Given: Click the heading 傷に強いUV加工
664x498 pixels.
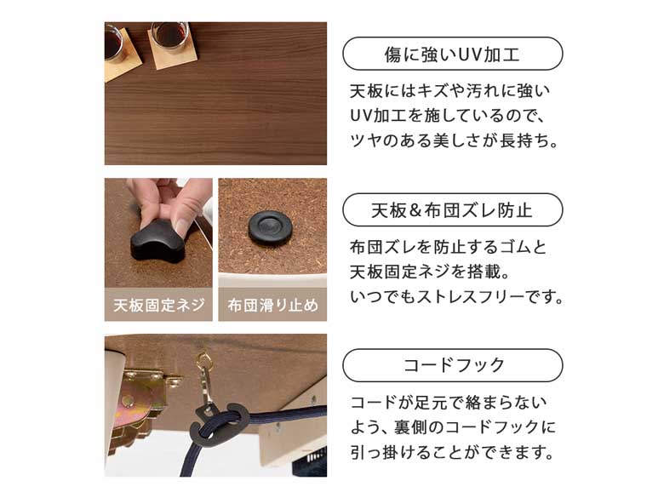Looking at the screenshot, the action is (452, 54).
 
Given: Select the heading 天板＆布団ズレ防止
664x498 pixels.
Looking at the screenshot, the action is (452, 210).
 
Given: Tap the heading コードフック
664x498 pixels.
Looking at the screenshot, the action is (453, 364).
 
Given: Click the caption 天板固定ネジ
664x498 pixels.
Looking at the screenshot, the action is (159, 305).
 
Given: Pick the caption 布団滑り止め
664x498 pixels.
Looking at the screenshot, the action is (272, 305).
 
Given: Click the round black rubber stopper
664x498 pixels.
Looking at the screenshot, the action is (270, 228).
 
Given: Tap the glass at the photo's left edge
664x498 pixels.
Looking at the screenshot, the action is (113, 43).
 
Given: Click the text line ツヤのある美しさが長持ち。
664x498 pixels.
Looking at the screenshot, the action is (454, 140).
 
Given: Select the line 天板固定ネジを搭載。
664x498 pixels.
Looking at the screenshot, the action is (429, 272).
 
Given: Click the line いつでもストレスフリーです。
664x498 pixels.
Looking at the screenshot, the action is (456, 296).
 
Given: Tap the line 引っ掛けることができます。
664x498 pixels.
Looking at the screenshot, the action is (452, 452).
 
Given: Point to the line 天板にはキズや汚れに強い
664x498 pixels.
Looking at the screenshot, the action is (449, 90).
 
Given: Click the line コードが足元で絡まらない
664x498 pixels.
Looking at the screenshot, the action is (449, 403).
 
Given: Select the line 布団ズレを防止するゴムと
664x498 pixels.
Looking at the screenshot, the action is (448, 247).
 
